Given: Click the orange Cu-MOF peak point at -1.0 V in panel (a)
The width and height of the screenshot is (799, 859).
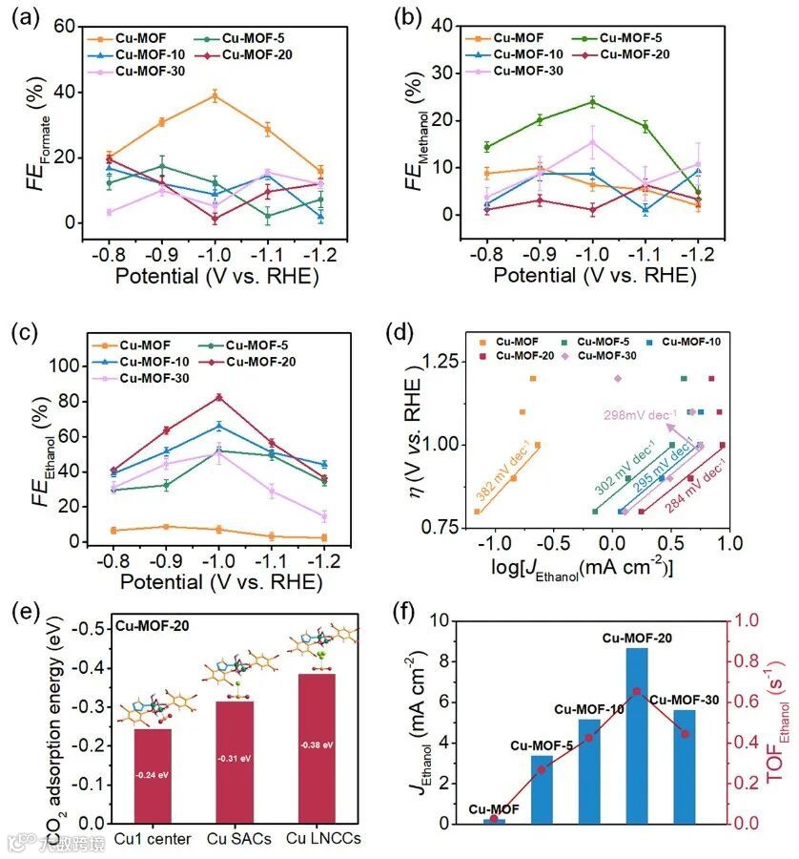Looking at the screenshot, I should coord(215,95).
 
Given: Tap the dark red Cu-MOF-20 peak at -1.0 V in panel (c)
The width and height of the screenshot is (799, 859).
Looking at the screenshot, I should coord(218,397).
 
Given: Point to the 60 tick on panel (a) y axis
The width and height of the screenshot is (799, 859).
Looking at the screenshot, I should coord(63,28).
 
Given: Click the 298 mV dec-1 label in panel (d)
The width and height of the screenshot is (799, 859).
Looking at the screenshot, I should coord(640,414).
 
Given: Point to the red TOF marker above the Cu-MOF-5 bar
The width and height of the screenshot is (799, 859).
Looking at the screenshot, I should coord(542,769).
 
